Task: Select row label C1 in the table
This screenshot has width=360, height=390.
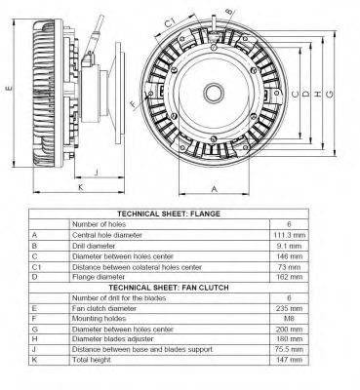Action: (37, 267)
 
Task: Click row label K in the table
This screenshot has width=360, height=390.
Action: (34, 361)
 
